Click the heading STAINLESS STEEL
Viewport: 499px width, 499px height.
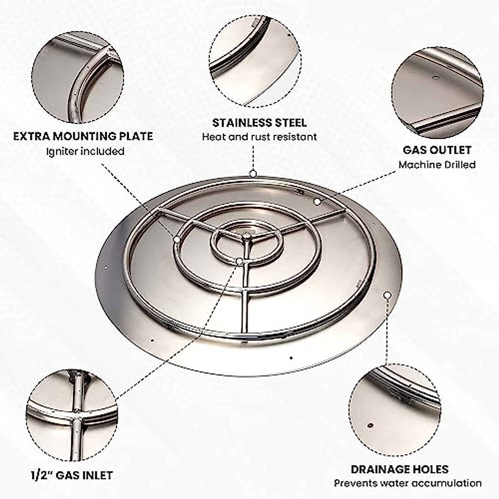pos(259,123)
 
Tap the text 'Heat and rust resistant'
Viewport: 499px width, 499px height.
pos(259,137)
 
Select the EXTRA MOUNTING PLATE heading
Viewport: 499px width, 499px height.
pos(83,136)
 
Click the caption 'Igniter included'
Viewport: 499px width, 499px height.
pos(85,151)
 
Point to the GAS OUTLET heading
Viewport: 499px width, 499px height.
pos(437,150)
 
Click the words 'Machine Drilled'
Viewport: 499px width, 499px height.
pos(437,165)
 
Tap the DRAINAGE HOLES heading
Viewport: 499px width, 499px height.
pos(400,469)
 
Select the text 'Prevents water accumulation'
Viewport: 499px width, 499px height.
pos(408,483)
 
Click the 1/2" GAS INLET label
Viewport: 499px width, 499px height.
pos(72,475)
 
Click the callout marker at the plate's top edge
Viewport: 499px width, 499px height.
pos(252,174)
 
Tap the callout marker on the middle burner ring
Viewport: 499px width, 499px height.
pos(177,240)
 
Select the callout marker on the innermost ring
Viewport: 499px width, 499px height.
pos(239,261)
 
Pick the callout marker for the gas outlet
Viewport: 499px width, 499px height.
pos(317,202)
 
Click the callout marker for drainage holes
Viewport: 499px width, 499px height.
pos(387,295)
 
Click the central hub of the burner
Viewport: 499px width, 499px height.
pos(247,237)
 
